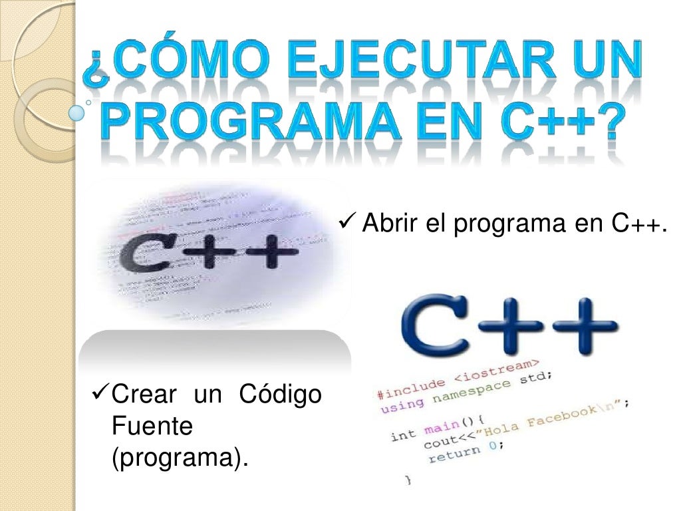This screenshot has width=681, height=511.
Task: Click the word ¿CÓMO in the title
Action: (176, 65)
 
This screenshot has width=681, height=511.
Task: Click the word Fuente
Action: (152, 426)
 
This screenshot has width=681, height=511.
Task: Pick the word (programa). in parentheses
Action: (176, 458)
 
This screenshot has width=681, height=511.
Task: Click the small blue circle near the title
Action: (77, 113)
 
